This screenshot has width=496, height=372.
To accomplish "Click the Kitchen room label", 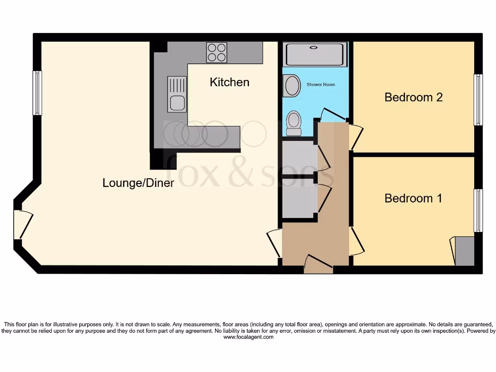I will point(230,82).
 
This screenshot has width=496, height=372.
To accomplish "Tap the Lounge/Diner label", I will point(138,183).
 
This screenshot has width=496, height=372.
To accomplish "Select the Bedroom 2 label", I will point(413,97).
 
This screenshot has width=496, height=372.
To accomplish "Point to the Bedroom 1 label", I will point(413,199).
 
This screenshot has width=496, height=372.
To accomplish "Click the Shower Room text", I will point(321,85).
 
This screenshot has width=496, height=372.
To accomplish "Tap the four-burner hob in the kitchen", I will point(217,52).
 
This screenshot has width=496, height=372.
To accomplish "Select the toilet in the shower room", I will point(293,123).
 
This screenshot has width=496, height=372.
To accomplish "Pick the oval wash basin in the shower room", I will point(293,86).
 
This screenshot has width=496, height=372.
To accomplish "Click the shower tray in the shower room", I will point(315,54).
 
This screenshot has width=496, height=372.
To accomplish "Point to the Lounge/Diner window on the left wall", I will point(37,93).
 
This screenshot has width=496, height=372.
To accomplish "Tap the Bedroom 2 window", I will point(478,100).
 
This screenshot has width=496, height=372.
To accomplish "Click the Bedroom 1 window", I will point(478,210).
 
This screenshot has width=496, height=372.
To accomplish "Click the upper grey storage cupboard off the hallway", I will point(298,156).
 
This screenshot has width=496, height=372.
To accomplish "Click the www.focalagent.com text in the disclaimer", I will point(248,337).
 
